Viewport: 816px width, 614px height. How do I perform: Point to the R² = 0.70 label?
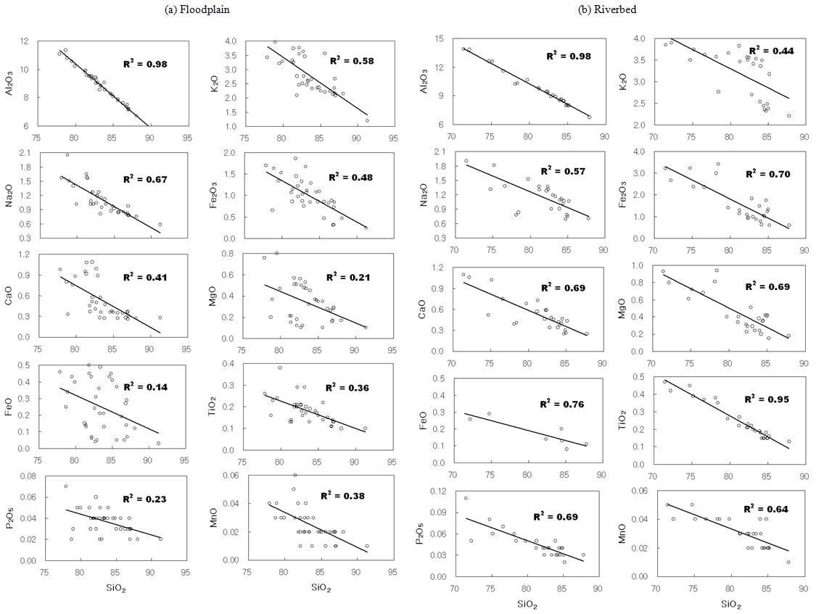(x=772, y=174)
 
